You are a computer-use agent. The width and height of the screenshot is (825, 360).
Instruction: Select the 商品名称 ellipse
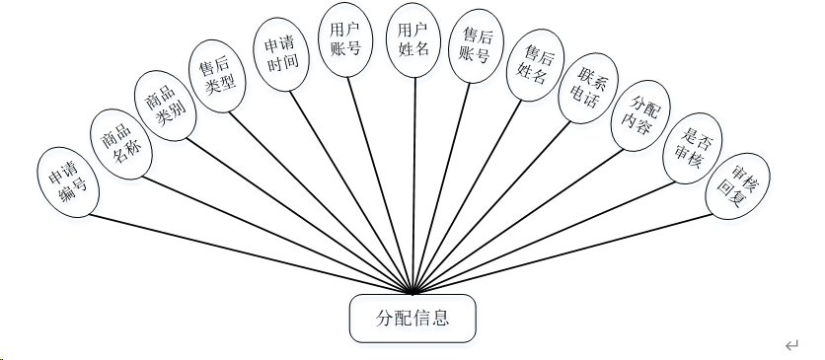pyautogui.click(x=116, y=144)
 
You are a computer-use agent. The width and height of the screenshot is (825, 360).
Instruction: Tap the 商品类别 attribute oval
pyautogui.click(x=165, y=106)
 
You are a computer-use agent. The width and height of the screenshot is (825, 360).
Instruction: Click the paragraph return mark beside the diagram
pyautogui.click(x=791, y=346)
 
